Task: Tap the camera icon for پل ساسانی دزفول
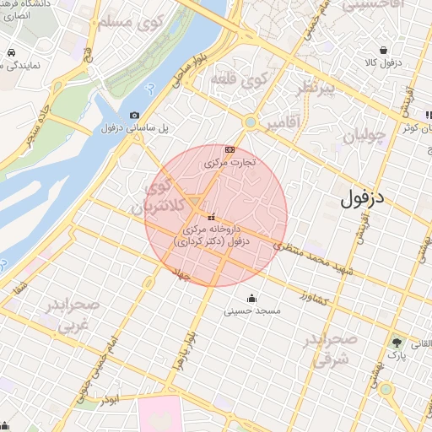click(x=134, y=115)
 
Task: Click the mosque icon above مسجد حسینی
click(x=251, y=298)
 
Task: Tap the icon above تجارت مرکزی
click(x=229, y=149)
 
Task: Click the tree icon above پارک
click(x=397, y=343)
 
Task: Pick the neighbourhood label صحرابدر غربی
click(x=71, y=313)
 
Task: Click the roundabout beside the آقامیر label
click(x=250, y=121)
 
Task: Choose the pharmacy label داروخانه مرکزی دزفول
click(x=208, y=235)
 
